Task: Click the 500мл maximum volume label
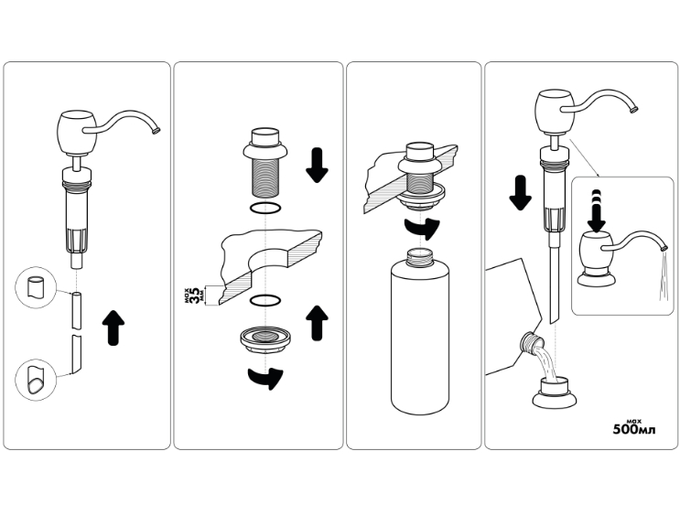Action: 634,427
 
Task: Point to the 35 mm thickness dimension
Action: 196,296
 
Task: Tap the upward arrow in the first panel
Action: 113,328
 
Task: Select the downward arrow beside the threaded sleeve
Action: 317,166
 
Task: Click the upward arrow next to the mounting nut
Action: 317,323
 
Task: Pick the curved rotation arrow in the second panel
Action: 265,378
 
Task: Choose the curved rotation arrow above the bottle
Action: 422,229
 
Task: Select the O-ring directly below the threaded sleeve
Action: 265,208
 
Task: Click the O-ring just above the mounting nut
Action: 265,300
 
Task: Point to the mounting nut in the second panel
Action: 265,339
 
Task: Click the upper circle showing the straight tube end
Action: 36,287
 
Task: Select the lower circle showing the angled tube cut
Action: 36,380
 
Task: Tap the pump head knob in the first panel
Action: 77,132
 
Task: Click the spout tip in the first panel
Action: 157,130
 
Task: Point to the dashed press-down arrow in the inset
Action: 597,211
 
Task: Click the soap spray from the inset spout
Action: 664,276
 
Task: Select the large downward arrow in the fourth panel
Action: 520,193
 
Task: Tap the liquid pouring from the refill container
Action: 546,362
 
